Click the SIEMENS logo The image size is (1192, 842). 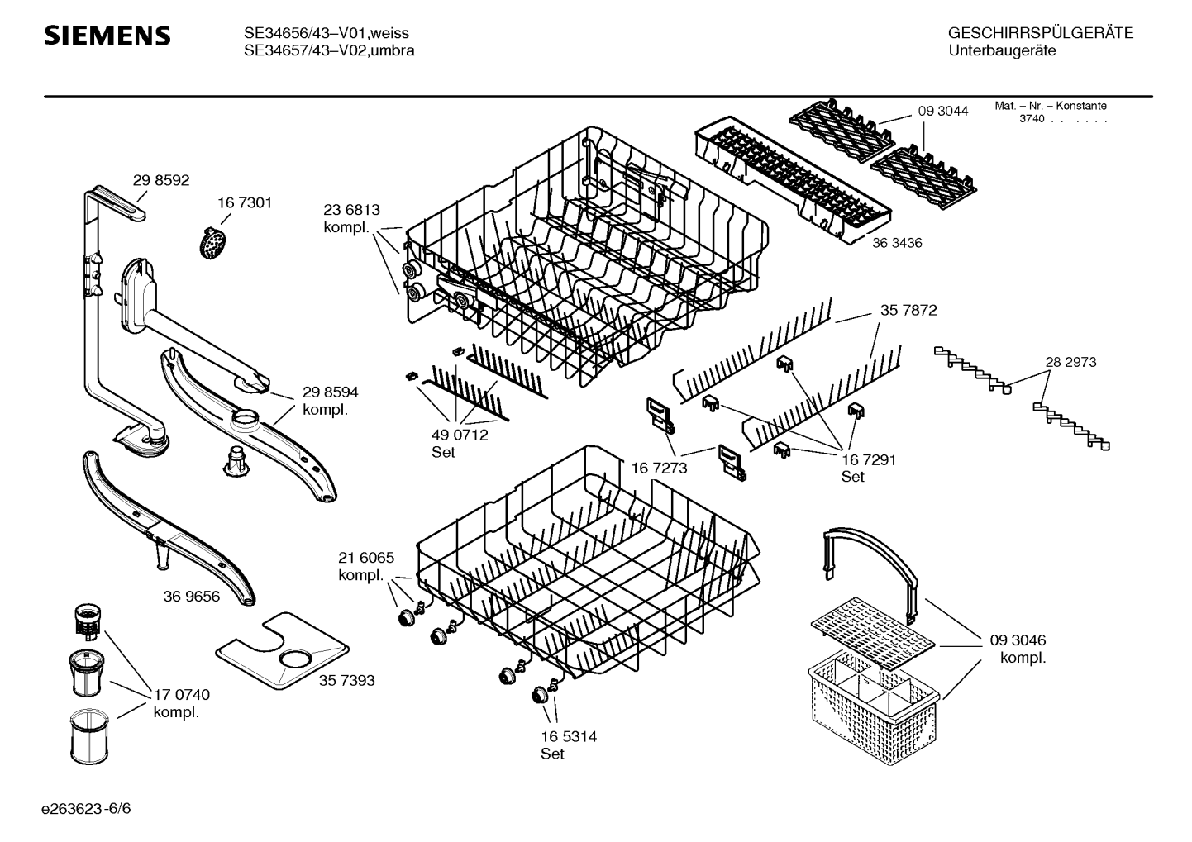pyautogui.click(x=107, y=36)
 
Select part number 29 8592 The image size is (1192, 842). pyautogui.click(x=161, y=180)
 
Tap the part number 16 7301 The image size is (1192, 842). pyautogui.click(x=245, y=202)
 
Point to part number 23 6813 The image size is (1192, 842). pyautogui.click(x=351, y=211)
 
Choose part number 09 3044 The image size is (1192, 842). pyautogui.click(x=942, y=111)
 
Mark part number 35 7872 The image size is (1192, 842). pyautogui.click(x=908, y=311)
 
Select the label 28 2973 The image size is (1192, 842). pyautogui.click(x=1070, y=362)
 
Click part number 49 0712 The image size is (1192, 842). pyautogui.click(x=460, y=435)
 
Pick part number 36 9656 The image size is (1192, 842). pyautogui.click(x=191, y=596)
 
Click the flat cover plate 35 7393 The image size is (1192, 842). pyautogui.click(x=282, y=652)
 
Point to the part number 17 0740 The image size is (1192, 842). pyautogui.click(x=182, y=695)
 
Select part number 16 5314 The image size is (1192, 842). pyautogui.click(x=569, y=736)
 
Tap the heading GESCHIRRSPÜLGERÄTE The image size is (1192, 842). pyautogui.click(x=1040, y=34)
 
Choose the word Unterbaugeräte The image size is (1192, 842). pyautogui.click(x=1001, y=51)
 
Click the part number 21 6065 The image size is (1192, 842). pyautogui.click(x=366, y=558)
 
